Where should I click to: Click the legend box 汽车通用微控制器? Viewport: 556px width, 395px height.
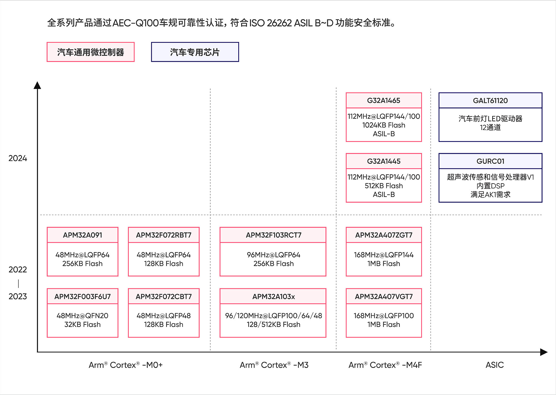click(91, 52)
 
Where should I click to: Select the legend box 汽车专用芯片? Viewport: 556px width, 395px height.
click(195, 52)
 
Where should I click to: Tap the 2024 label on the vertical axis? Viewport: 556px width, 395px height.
click(18, 158)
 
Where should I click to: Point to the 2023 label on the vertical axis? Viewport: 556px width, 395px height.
click(18, 296)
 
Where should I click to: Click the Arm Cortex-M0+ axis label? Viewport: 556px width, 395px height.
click(126, 365)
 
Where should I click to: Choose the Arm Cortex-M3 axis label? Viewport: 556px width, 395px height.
click(274, 365)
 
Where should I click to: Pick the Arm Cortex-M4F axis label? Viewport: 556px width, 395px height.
click(385, 365)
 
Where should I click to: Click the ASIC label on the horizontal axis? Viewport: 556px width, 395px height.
click(495, 365)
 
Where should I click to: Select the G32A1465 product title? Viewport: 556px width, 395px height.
click(384, 100)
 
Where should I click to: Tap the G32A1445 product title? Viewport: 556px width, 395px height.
click(384, 161)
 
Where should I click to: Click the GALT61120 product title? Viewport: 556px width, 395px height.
click(490, 100)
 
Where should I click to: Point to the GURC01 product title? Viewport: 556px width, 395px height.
click(490, 161)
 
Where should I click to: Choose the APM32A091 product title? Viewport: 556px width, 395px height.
click(83, 235)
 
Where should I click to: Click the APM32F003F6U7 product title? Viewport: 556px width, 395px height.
click(83, 297)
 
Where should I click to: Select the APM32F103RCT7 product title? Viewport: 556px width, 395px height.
click(274, 235)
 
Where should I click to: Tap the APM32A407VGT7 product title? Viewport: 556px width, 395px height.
click(384, 297)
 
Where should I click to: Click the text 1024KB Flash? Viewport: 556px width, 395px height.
click(384, 125)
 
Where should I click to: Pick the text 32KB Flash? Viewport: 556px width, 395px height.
click(83, 324)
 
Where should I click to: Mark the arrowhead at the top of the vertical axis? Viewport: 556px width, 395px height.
click(37, 85)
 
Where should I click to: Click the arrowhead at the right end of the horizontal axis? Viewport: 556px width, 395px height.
click(544, 352)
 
